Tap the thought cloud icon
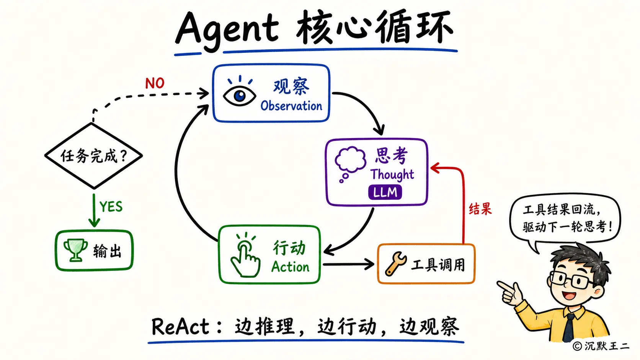tap(350, 163)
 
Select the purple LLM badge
tap(385, 192)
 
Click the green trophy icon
tap(75, 250)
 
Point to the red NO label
tap(155, 83)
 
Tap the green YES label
tap(111, 206)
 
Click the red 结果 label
tap(480, 209)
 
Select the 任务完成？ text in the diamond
tap(94, 156)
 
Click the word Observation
tap(291, 106)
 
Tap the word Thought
tap(392, 174)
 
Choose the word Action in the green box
tap(290, 267)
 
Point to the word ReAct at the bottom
tap(181, 326)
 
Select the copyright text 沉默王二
tap(606, 346)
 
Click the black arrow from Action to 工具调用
tap(348, 264)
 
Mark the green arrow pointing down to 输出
tap(94, 210)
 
